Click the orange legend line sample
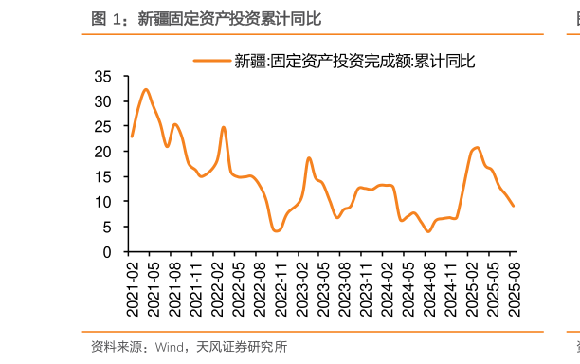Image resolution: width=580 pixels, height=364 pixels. point(212,61)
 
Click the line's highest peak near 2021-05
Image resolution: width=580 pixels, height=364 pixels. point(146,90)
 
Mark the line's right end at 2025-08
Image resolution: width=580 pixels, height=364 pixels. point(514,206)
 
